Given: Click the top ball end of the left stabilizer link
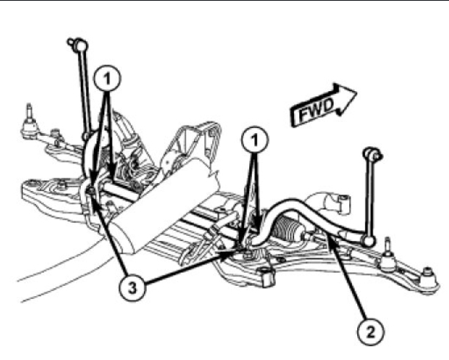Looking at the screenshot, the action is (73, 43).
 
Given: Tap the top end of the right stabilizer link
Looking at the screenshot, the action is (371, 154).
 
